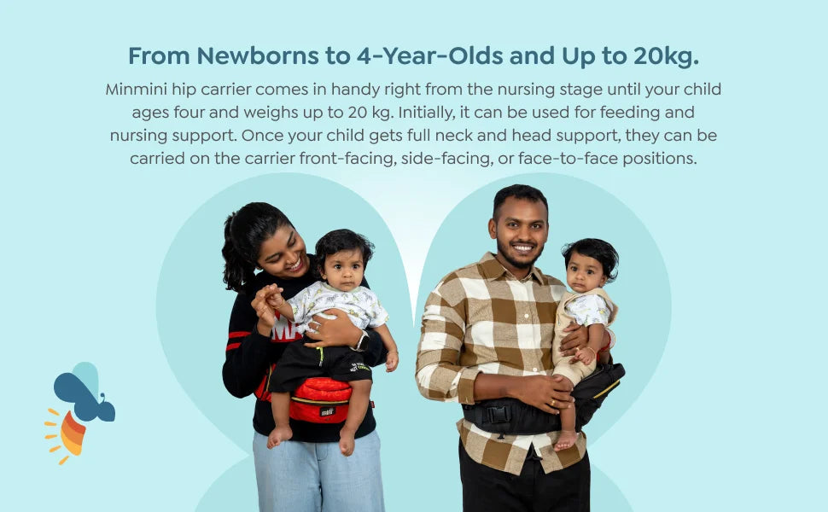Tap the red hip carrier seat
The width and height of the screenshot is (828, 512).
tap(320, 399)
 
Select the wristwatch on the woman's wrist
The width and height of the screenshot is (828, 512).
tap(362, 341)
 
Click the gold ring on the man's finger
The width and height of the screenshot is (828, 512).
tap(552, 402)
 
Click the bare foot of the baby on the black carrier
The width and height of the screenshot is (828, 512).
tap(566, 441)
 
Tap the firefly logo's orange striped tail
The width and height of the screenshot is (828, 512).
tap(73, 433)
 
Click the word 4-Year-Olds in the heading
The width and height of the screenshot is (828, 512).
tap(429, 56)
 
